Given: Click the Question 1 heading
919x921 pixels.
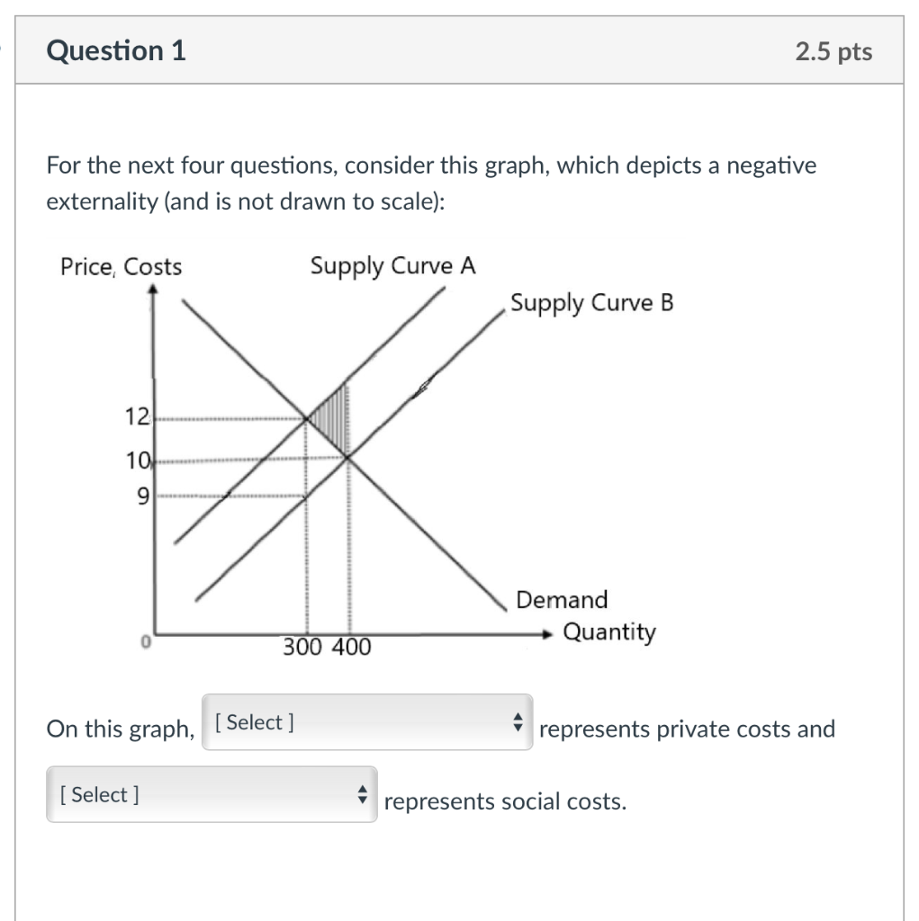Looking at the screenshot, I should coord(116,51).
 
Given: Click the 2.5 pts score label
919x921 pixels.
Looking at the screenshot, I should coord(833,52).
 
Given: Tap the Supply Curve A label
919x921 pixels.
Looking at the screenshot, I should coord(392,266).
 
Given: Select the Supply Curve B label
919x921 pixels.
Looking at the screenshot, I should coord(591,302).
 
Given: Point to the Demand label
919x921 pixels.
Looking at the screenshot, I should coord(562,599).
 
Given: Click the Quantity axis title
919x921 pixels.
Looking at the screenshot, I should coord(609,632).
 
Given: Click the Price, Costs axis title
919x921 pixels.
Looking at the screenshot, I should coord(121,267).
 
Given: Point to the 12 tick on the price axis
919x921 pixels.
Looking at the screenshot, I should coord(137,417).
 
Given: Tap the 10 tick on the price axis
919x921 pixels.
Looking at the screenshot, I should coord(137,462).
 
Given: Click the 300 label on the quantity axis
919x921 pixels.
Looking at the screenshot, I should coord(302,648).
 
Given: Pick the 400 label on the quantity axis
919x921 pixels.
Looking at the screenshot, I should coord(350,648).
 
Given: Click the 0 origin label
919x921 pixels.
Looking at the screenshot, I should coord(144,644).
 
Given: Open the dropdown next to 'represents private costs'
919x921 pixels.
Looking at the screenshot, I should coord(367,722).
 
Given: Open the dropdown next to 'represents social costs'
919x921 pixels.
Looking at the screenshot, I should coord(212,795).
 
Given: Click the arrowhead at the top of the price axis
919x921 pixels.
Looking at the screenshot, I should coord(154,291).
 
